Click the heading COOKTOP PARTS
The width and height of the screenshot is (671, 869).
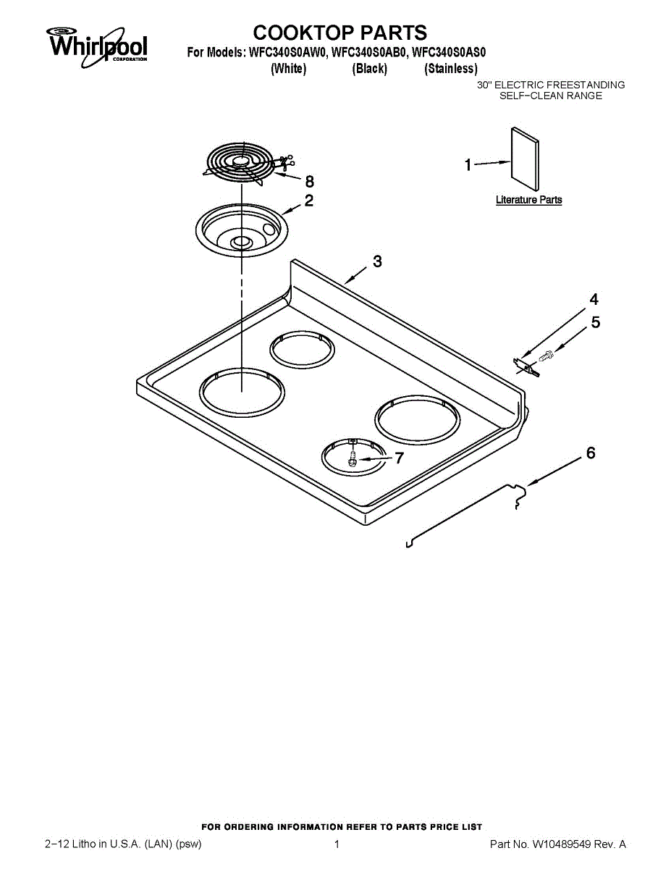340,33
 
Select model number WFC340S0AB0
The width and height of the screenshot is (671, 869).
368,53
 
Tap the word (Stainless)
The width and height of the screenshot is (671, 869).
451,69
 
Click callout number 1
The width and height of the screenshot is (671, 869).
468,165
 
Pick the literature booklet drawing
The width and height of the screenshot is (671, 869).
525,159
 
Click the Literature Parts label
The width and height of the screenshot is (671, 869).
528,200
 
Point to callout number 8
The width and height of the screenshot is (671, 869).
309,182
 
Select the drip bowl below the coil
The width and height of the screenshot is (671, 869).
242,230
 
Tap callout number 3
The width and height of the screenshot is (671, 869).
377,261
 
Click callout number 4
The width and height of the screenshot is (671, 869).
594,299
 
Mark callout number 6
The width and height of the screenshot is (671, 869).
591,453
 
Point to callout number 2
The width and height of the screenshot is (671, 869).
309,201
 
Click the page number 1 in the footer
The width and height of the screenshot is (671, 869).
337,844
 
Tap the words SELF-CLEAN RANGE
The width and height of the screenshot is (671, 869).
551,96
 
